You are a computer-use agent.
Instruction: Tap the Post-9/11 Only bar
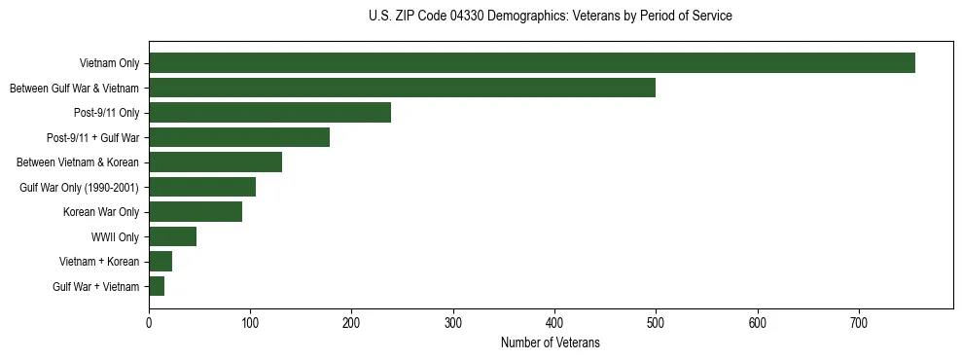pos(269,113)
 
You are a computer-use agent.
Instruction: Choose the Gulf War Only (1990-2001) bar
pos(202,187)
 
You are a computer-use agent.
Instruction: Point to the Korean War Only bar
pos(196,212)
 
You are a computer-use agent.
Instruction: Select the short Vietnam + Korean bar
pos(160,262)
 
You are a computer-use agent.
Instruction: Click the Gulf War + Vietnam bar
pos(157,286)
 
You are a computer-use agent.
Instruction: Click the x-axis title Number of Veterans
pos(550,343)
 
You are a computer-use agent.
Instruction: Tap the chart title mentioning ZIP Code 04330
pos(550,17)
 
